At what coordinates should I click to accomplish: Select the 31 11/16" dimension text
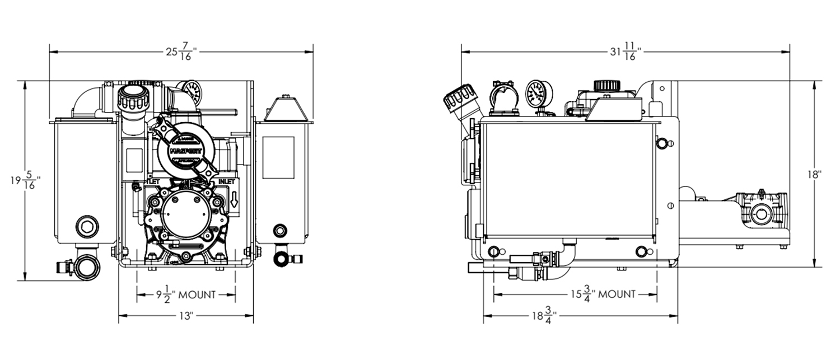pos(625,52)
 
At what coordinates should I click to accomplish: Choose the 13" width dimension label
pos(186,316)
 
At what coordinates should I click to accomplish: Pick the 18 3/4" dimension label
pos(542,316)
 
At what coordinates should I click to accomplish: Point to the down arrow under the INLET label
pos(234,199)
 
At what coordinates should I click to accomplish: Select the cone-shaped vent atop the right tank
pos(285,109)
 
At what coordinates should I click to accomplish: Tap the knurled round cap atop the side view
pos(605,86)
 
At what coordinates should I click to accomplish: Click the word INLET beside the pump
pos(227,182)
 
